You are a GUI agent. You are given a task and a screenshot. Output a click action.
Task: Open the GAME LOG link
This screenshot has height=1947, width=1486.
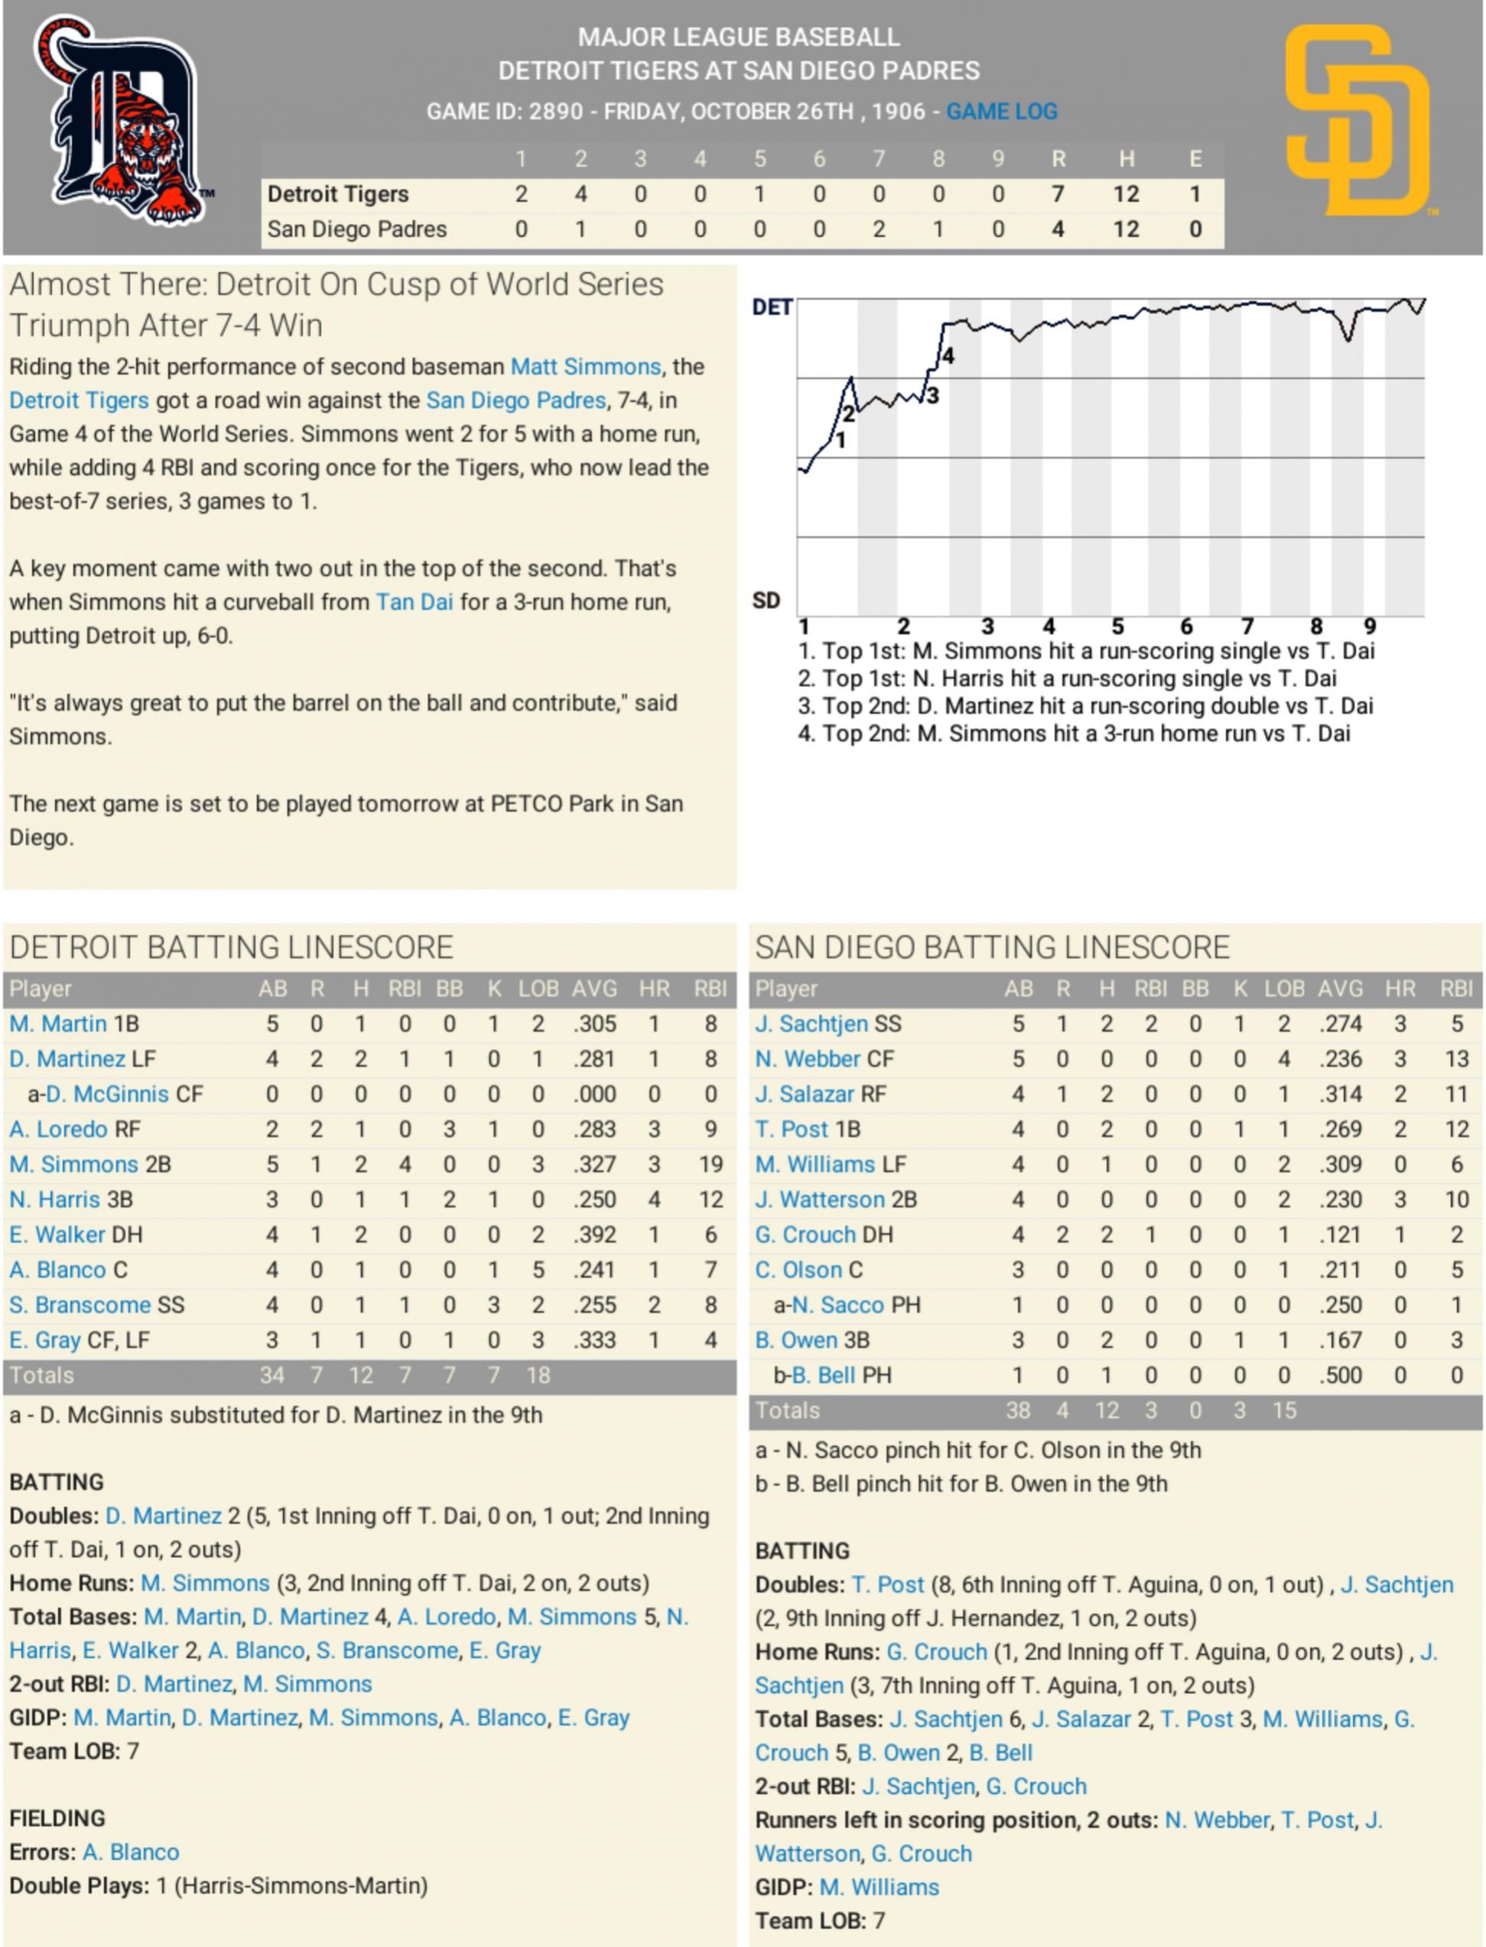click(1001, 112)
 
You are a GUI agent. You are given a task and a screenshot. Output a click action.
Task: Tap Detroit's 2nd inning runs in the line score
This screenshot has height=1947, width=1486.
click(580, 193)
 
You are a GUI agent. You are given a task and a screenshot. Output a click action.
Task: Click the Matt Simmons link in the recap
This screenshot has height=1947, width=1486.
click(586, 367)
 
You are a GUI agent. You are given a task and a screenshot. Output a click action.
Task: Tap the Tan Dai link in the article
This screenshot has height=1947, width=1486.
click(414, 602)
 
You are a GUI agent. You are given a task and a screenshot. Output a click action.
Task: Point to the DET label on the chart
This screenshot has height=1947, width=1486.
click(772, 308)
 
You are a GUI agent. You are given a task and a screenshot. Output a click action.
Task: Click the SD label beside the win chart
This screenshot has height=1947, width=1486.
click(766, 602)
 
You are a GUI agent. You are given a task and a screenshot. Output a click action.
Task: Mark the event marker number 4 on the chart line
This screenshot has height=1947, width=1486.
click(948, 356)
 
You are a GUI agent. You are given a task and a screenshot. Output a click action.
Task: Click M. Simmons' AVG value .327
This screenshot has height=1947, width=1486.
click(594, 1164)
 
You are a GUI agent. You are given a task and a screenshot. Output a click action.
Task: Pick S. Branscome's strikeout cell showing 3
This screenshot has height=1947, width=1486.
click(493, 1305)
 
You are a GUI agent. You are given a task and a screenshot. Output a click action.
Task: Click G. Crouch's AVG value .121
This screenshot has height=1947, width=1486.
click(1340, 1235)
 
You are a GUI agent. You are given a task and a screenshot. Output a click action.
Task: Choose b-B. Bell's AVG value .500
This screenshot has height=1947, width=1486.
click(1340, 1375)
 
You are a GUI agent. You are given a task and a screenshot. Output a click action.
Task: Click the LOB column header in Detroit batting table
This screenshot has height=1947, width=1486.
click(538, 988)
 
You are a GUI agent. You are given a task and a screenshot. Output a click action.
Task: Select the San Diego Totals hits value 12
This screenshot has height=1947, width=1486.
click(1107, 1410)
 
